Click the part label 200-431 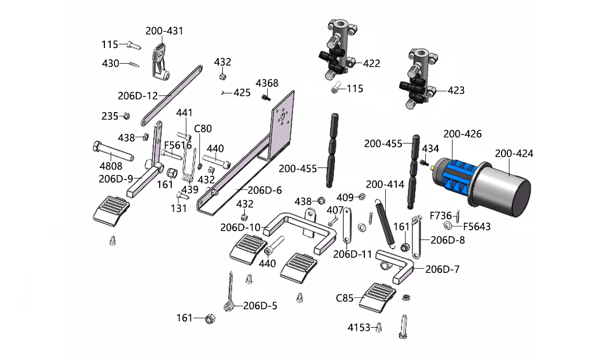pyautogui.click(x=164, y=31)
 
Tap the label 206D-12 pyautogui.click(x=137, y=96)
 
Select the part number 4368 pyautogui.click(x=267, y=83)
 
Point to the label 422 pyautogui.click(x=372, y=64)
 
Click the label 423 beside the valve pyautogui.click(x=456, y=90)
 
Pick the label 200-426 pyautogui.click(x=462, y=134)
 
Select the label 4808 pyautogui.click(x=111, y=166)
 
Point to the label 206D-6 pyautogui.click(x=264, y=190)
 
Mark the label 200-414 pyautogui.click(x=385, y=184)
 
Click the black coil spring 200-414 pyautogui.click(x=387, y=219)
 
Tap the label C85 pyautogui.click(x=344, y=298)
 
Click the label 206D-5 pyautogui.click(x=260, y=306)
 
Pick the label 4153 pyautogui.click(x=359, y=328)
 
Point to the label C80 pyautogui.click(x=203, y=128)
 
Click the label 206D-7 pyautogui.click(x=443, y=269)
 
